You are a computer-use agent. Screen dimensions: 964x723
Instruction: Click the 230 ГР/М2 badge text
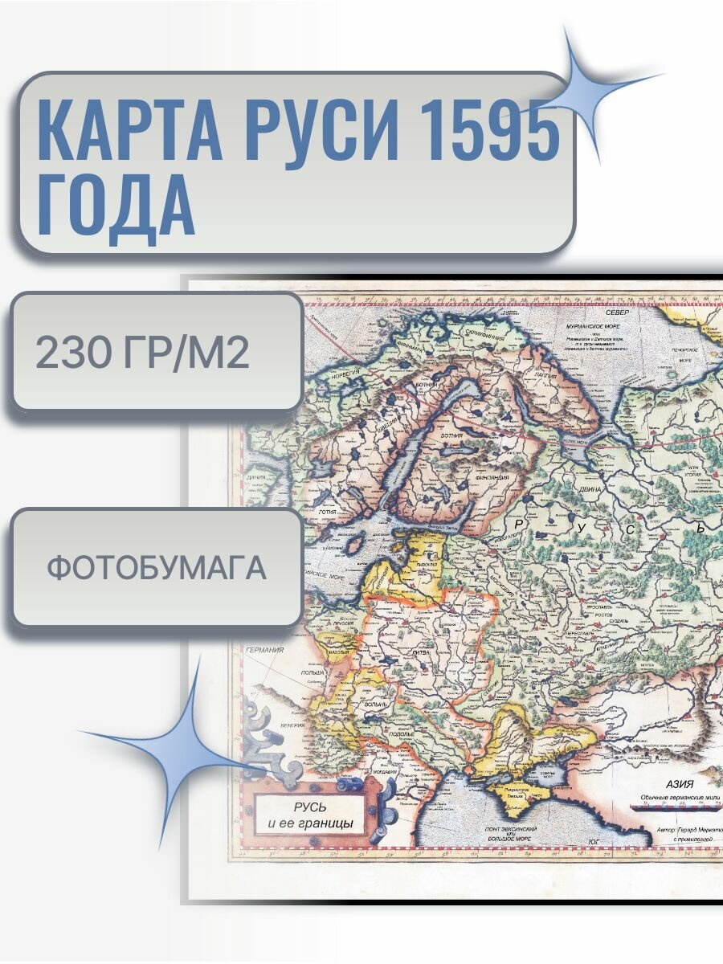click(143, 353)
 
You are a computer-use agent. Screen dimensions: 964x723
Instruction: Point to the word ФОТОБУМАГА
click(156, 568)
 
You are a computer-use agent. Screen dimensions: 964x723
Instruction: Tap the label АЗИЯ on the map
click(674, 784)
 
